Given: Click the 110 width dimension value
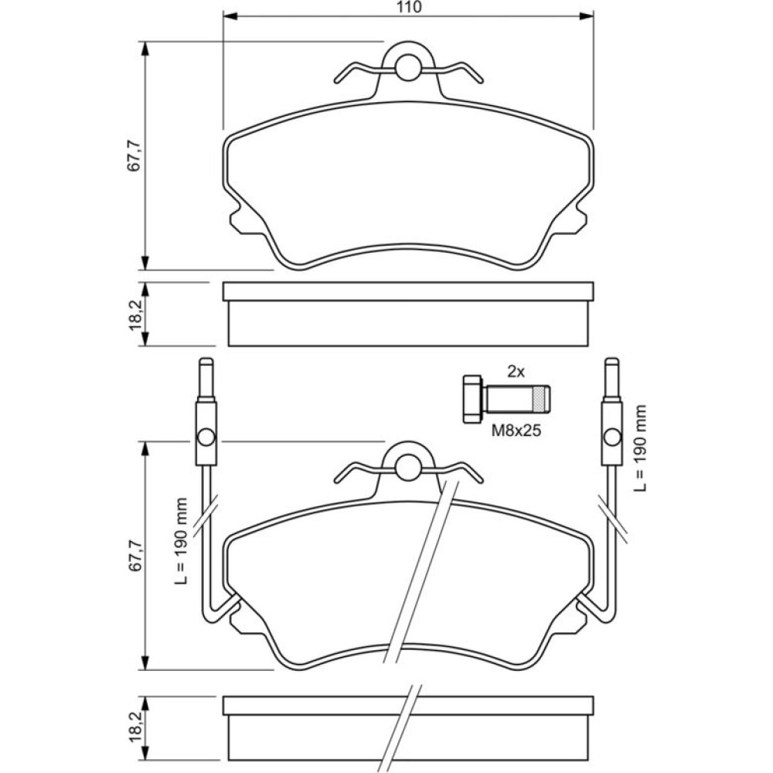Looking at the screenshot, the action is pyautogui.click(x=409, y=8).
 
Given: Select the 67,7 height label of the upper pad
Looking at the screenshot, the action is pyautogui.click(x=134, y=156).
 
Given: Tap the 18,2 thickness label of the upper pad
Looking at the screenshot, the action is pyautogui.click(x=134, y=315).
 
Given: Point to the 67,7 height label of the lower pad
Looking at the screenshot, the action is pyautogui.click(x=134, y=556).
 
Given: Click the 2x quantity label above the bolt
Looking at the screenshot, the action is pyautogui.click(x=516, y=372).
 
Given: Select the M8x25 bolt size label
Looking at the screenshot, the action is pyautogui.click(x=516, y=431).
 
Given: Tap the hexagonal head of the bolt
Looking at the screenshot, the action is pyautogui.click(x=473, y=399).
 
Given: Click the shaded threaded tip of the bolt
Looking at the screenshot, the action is pyautogui.click(x=541, y=400).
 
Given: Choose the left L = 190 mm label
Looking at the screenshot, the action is pyautogui.click(x=182, y=541).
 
